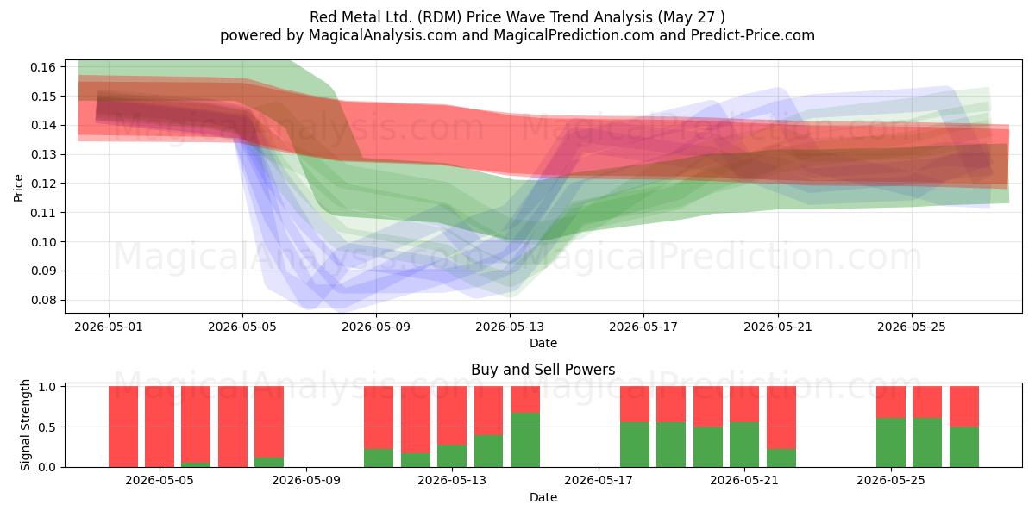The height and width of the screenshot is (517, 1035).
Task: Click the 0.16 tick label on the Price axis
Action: (x=43, y=67)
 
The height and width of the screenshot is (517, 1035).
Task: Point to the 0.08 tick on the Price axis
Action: (x=43, y=300)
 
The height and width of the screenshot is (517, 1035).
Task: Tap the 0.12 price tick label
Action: (x=43, y=184)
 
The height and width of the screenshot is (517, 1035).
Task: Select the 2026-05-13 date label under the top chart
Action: (x=510, y=327)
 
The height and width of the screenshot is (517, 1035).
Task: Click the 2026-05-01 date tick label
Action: (x=109, y=327)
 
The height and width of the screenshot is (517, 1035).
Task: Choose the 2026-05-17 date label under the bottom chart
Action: (x=599, y=480)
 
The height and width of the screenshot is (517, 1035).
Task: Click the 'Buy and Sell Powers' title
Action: (x=543, y=370)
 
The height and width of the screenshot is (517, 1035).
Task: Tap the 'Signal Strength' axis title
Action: (x=25, y=425)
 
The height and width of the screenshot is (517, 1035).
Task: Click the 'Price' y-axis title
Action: (x=18, y=188)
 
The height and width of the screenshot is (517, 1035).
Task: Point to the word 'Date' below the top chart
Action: (x=543, y=343)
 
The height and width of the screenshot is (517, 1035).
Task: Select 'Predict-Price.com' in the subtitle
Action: (x=753, y=35)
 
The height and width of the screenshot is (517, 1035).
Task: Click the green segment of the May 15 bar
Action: (x=525, y=440)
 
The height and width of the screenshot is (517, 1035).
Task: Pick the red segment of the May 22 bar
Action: (x=781, y=418)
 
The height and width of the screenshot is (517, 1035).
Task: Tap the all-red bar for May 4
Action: (x=160, y=427)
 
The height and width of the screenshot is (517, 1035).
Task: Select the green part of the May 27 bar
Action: (x=964, y=447)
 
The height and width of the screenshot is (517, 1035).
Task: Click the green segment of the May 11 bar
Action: (x=379, y=458)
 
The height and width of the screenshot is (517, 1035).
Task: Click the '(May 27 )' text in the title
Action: (x=691, y=17)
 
